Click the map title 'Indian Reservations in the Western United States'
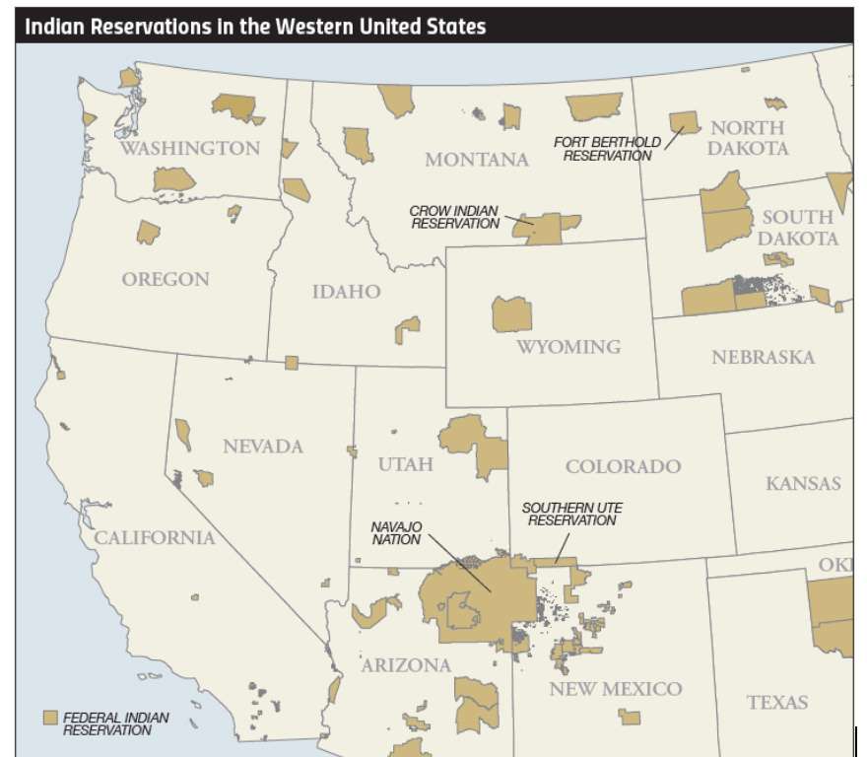pos(255,27)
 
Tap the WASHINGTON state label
pos(189,149)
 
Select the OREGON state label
pos(166,279)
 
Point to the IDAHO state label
pos(346,292)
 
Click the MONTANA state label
pos(477,160)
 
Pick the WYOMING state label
pos(568,347)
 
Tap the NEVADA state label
pos(262,447)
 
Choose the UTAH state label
pos(405,464)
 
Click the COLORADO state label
pos(623,466)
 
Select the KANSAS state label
pos(803,484)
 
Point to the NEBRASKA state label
pos(763,357)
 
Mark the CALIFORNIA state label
pos(154,538)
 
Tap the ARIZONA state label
pos(406,665)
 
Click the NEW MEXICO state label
pos(615,689)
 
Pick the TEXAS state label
pos(776,703)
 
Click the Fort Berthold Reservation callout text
pos(607,149)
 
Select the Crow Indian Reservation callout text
pos(455,218)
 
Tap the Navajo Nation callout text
pos(396,533)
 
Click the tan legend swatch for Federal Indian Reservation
pos(50,718)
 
